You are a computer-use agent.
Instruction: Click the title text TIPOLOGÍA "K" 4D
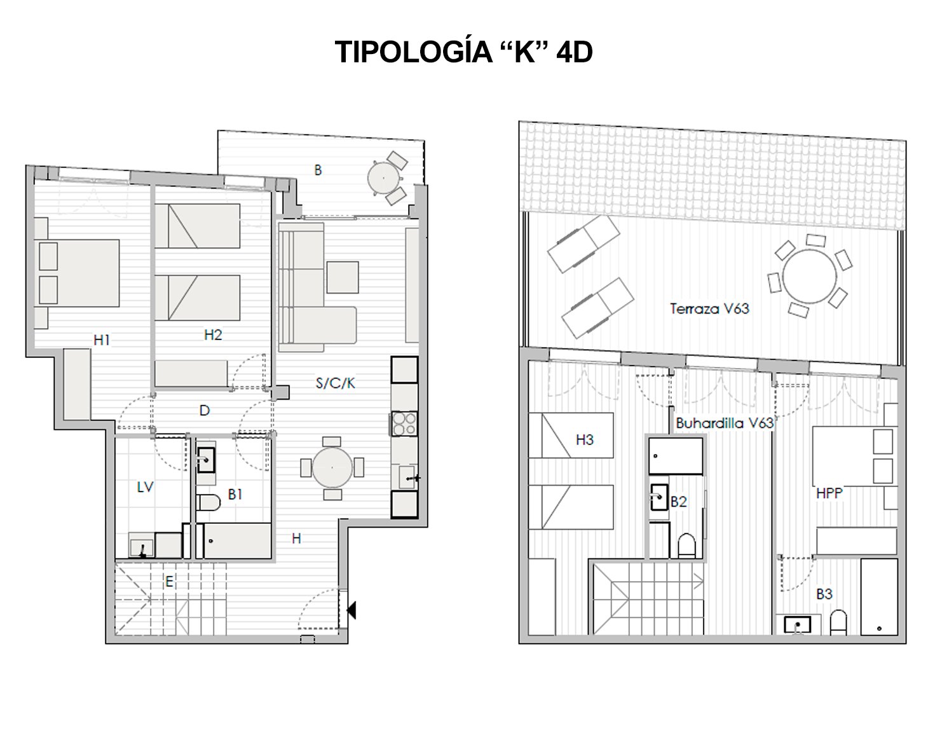coord(463,53)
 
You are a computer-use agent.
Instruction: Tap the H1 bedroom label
coord(102,340)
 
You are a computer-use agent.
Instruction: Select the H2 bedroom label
coord(213,335)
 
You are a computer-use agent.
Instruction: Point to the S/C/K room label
coord(335,383)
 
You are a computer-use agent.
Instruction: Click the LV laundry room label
coord(146,487)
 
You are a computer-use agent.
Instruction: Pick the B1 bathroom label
coord(235,494)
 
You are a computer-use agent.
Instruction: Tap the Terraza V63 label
coord(709,309)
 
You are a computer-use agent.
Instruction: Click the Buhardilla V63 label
coord(725,423)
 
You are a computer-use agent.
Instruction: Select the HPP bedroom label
coord(829,493)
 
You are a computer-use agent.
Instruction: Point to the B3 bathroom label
coord(824,594)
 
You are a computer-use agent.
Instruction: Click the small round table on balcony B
coord(385,178)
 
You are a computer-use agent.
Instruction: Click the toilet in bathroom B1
coord(208,503)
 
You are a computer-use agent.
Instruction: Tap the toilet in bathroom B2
coord(686,546)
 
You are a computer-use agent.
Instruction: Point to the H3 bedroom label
coord(584,439)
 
